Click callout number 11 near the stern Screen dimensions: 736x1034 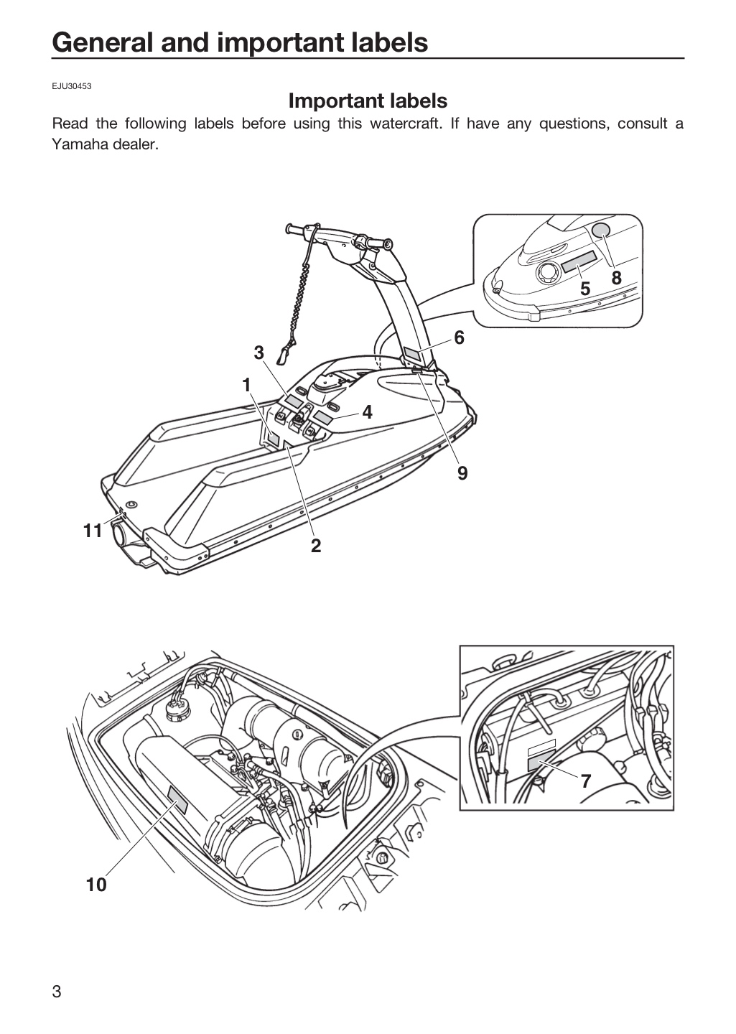pos(93,531)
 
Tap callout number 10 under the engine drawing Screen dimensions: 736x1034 pos(96,885)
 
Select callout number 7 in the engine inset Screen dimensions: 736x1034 pos(586,781)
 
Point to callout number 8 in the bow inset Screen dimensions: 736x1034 pos(616,278)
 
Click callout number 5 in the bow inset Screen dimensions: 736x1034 pos(585,289)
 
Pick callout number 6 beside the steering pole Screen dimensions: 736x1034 pos(459,338)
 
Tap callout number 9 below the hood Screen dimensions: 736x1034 pos(462,473)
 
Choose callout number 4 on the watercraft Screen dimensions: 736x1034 pos(367,412)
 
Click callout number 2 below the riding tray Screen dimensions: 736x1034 pos(316,546)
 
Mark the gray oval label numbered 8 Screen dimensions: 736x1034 pos(601,230)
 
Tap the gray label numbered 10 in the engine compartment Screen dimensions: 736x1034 pos(177,801)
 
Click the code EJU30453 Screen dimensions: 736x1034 pos(72,86)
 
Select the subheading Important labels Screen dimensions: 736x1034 pos(368,101)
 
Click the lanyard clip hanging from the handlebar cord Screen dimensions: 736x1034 pos(283,355)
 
